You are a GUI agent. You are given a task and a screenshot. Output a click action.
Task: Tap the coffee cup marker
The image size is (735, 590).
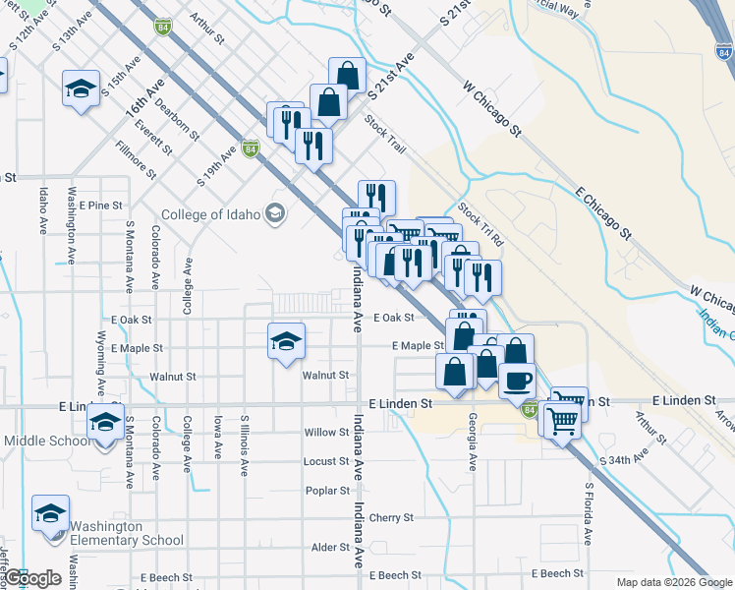point(517,379)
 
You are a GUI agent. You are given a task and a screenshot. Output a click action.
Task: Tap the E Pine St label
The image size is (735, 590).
point(102,206)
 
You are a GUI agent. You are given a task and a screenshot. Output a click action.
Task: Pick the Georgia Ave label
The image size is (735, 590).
point(473,442)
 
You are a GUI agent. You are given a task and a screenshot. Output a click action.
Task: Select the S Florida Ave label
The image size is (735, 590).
point(589,513)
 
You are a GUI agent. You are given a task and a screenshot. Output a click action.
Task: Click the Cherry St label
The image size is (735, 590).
point(390,517)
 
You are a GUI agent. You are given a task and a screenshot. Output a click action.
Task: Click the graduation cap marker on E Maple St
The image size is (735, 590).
point(287,341)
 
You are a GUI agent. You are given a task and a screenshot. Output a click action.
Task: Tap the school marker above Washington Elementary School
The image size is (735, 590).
point(51,514)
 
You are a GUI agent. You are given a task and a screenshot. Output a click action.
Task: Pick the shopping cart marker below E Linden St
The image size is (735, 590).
point(562,421)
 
